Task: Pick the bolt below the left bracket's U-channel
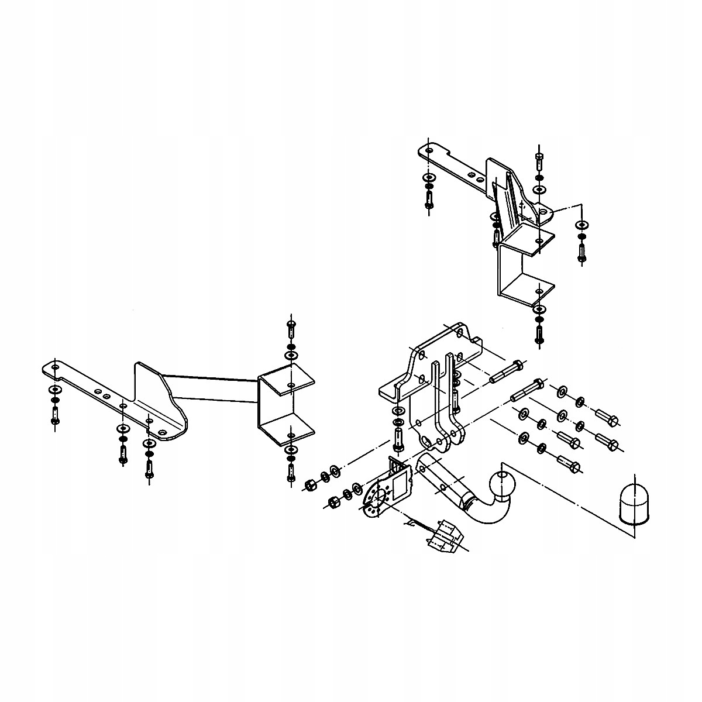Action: click(291, 468)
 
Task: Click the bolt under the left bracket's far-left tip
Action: click(54, 415)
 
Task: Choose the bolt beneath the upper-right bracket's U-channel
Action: click(539, 332)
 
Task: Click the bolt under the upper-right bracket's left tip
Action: click(429, 199)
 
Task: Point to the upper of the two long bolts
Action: click(506, 372)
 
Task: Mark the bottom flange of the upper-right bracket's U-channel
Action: click(526, 290)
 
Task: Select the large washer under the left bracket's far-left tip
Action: click(54, 389)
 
